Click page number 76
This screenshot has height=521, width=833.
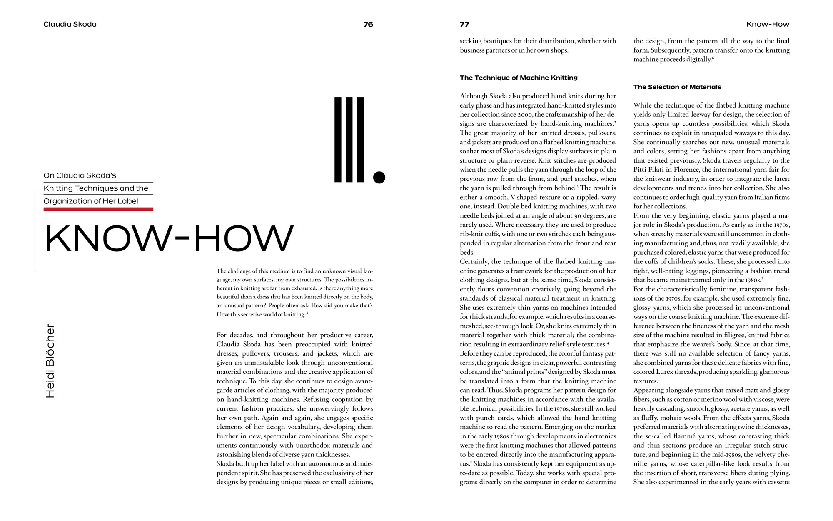pos(368,24)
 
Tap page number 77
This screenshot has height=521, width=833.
pos(464,24)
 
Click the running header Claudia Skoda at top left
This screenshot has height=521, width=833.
pos(70,24)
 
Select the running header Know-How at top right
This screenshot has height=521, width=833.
pos(768,24)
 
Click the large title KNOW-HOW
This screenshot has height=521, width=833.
pos(169,238)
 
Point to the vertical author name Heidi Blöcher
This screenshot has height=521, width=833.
pos(50,361)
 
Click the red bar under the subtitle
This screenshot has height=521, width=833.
pos(98,209)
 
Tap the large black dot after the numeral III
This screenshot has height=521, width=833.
pos(379,177)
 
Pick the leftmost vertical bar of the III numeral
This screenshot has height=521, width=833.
pos(338,140)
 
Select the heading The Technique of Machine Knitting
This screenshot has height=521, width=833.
pos(519,78)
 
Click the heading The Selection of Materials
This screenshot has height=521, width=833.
pos(677,87)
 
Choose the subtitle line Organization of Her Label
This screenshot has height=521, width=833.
pos(91,201)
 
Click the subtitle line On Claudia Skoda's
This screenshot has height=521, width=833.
pos(80,175)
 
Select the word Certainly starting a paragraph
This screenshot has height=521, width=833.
pos(474,262)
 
